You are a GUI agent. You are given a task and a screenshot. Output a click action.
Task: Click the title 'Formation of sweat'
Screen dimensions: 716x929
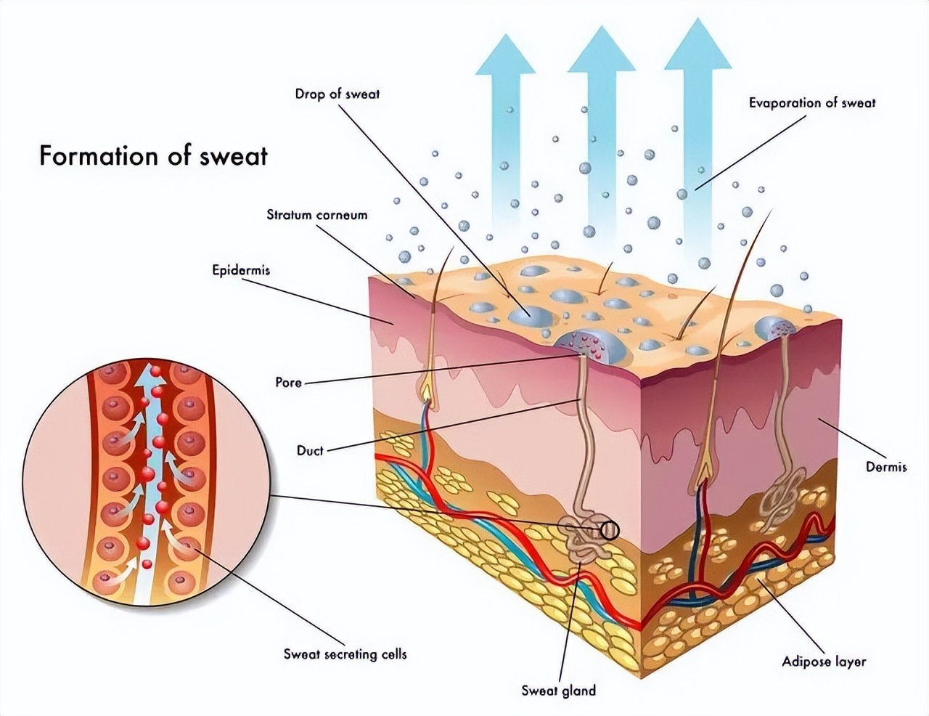[153, 156]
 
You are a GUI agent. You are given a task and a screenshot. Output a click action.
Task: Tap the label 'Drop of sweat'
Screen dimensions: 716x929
[337, 94]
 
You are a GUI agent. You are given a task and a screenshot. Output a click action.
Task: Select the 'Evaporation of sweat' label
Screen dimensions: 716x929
[811, 102]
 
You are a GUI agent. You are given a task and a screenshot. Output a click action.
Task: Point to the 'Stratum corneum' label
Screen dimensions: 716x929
[316, 215]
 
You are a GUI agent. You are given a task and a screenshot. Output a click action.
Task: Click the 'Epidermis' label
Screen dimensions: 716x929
[241, 270]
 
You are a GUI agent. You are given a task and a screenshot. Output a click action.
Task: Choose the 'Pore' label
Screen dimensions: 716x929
[288, 382]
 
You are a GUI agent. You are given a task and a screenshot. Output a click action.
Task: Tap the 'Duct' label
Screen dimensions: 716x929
[310, 450]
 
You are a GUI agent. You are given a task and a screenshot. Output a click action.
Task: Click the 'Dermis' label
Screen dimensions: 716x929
[886, 466]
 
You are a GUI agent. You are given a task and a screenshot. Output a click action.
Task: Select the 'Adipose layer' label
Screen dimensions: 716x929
[824, 662]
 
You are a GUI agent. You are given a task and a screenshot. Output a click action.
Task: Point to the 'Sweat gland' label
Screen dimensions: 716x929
[558, 690]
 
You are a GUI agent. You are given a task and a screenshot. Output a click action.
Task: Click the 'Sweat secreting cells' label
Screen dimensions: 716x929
[345, 654]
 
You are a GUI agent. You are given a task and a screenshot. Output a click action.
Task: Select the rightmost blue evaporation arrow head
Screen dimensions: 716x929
[697, 44]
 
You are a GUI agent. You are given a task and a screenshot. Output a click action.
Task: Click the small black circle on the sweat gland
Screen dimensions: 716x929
[610, 531]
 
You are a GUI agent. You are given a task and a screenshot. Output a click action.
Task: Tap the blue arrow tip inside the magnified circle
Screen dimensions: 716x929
[152, 375]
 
